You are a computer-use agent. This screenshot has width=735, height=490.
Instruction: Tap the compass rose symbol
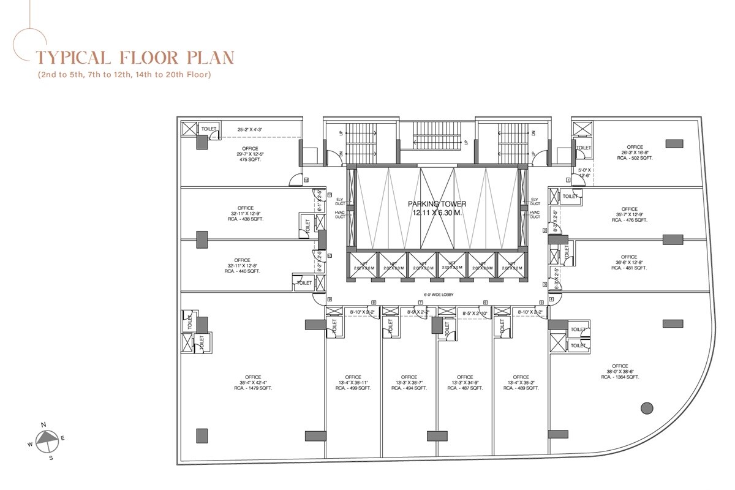47,439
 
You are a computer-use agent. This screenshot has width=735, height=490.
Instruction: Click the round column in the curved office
646,408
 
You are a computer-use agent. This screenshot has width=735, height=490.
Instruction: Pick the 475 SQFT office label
250,155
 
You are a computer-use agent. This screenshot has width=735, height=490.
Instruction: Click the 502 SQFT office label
635,153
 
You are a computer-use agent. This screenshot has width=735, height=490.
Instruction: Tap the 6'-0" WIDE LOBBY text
435,295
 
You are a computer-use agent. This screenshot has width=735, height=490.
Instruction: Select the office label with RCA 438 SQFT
245,213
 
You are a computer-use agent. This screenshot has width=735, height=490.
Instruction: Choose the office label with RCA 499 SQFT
353,382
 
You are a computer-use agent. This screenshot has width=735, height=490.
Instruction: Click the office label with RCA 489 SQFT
521,382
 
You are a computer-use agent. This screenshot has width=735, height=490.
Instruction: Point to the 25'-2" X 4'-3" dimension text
254,129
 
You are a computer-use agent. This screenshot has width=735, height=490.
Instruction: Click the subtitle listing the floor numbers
124,75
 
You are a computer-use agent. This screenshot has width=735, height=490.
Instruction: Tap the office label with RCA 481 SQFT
628,262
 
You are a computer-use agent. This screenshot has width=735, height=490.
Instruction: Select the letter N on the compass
43,424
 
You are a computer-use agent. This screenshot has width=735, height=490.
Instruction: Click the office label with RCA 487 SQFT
465,382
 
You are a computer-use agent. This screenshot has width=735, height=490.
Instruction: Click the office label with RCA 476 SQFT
629,214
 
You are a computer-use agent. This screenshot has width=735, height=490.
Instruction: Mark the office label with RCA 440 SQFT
243,265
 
